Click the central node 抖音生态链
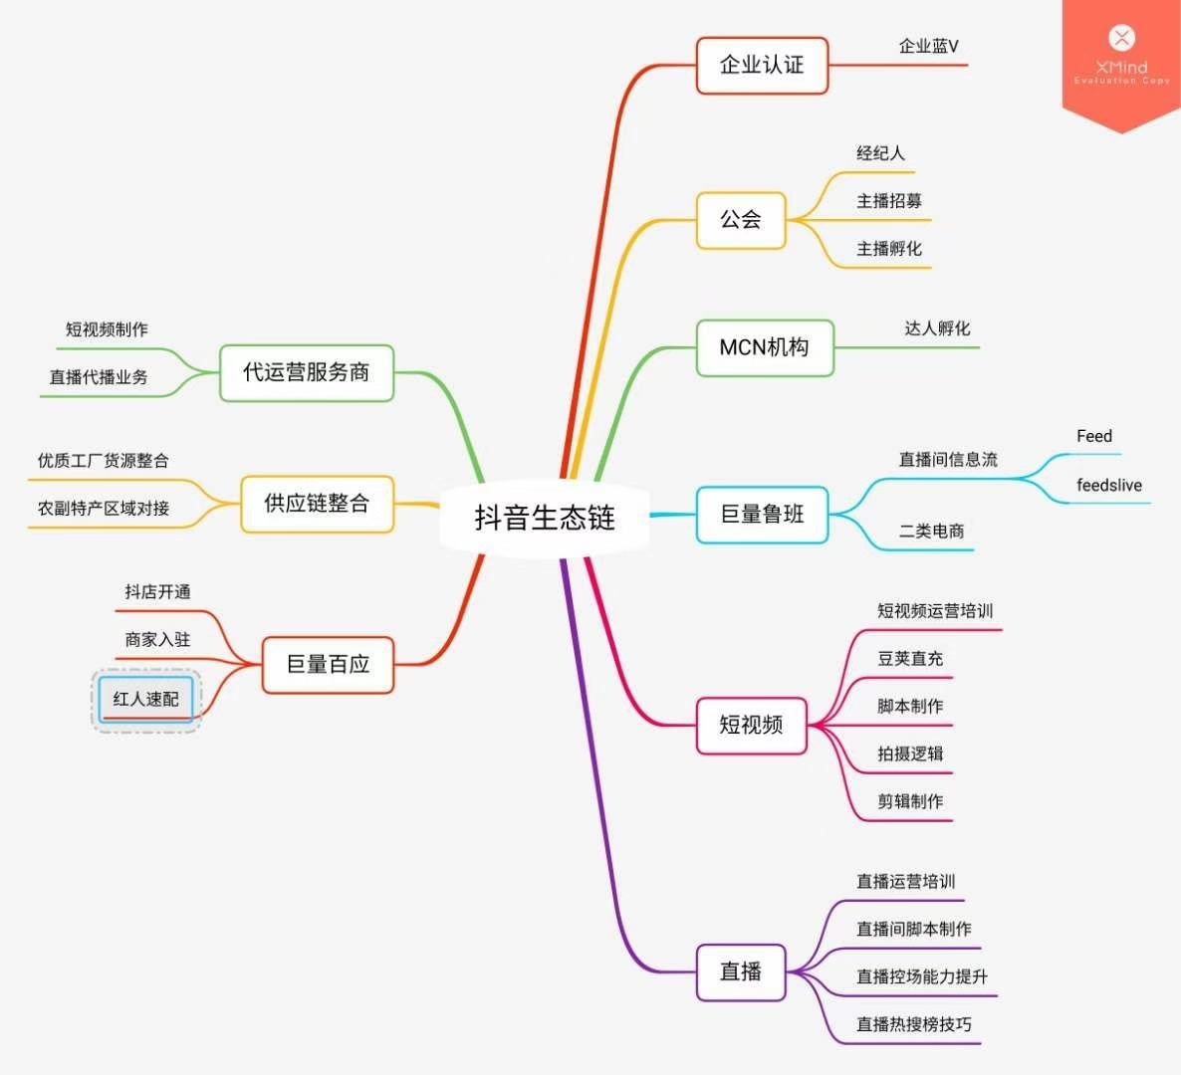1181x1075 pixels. click(x=544, y=518)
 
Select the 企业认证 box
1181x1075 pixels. click(x=762, y=66)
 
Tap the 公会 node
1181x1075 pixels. click(x=741, y=220)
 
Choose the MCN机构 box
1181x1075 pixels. click(x=764, y=347)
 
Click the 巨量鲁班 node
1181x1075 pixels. click(x=762, y=515)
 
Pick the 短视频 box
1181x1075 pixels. click(x=751, y=725)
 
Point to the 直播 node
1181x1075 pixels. click(x=741, y=971)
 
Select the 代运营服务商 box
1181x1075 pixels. click(x=307, y=372)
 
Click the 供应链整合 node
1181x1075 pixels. click(x=317, y=504)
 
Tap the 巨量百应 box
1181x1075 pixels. click(x=328, y=664)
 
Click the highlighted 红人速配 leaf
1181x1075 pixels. click(x=146, y=699)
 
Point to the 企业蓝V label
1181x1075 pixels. click(x=928, y=46)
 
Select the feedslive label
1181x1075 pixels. click(x=1109, y=486)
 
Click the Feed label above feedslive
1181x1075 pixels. click(x=1094, y=436)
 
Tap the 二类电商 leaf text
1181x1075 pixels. click(x=931, y=532)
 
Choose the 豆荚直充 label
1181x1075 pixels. click(x=910, y=659)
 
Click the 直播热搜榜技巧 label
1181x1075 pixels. click(x=914, y=1024)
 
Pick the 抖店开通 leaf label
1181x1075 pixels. click(x=157, y=592)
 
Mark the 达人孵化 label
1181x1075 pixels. click(x=937, y=328)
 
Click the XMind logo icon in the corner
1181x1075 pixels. click(x=1121, y=39)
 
